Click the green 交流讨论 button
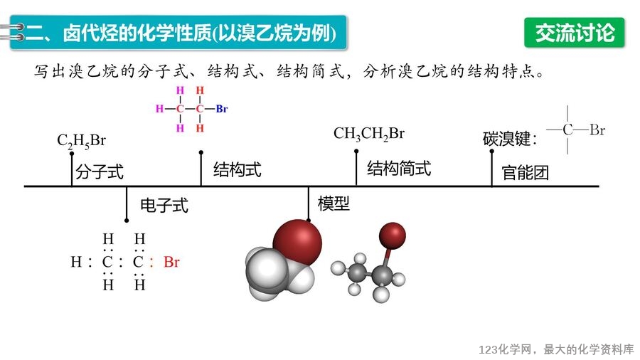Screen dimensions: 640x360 [x=575, y=33]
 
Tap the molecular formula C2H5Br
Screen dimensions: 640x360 [x=81, y=141]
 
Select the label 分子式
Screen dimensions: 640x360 [x=100, y=171]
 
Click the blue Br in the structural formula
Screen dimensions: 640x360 [x=222, y=109]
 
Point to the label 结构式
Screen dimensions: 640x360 [x=237, y=169]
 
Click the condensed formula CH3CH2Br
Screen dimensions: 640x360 [x=369, y=134]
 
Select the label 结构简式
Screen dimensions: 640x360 [x=399, y=168]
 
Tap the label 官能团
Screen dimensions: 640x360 [x=525, y=173]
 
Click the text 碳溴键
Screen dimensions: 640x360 [x=506, y=139]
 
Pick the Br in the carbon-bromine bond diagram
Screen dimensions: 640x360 [x=597, y=130]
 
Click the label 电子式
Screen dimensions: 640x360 [x=164, y=206]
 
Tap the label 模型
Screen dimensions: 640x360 [x=334, y=203]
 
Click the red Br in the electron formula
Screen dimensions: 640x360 [x=171, y=262]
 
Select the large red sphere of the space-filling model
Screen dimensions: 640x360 [x=297, y=242]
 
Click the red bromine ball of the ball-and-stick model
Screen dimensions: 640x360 [x=393, y=235]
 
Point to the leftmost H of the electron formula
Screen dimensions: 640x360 [x=76, y=262]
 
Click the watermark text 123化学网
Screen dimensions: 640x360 [x=506, y=350]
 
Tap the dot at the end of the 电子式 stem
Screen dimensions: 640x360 [x=127, y=221]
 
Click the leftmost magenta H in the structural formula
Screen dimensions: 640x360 [x=159, y=109]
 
